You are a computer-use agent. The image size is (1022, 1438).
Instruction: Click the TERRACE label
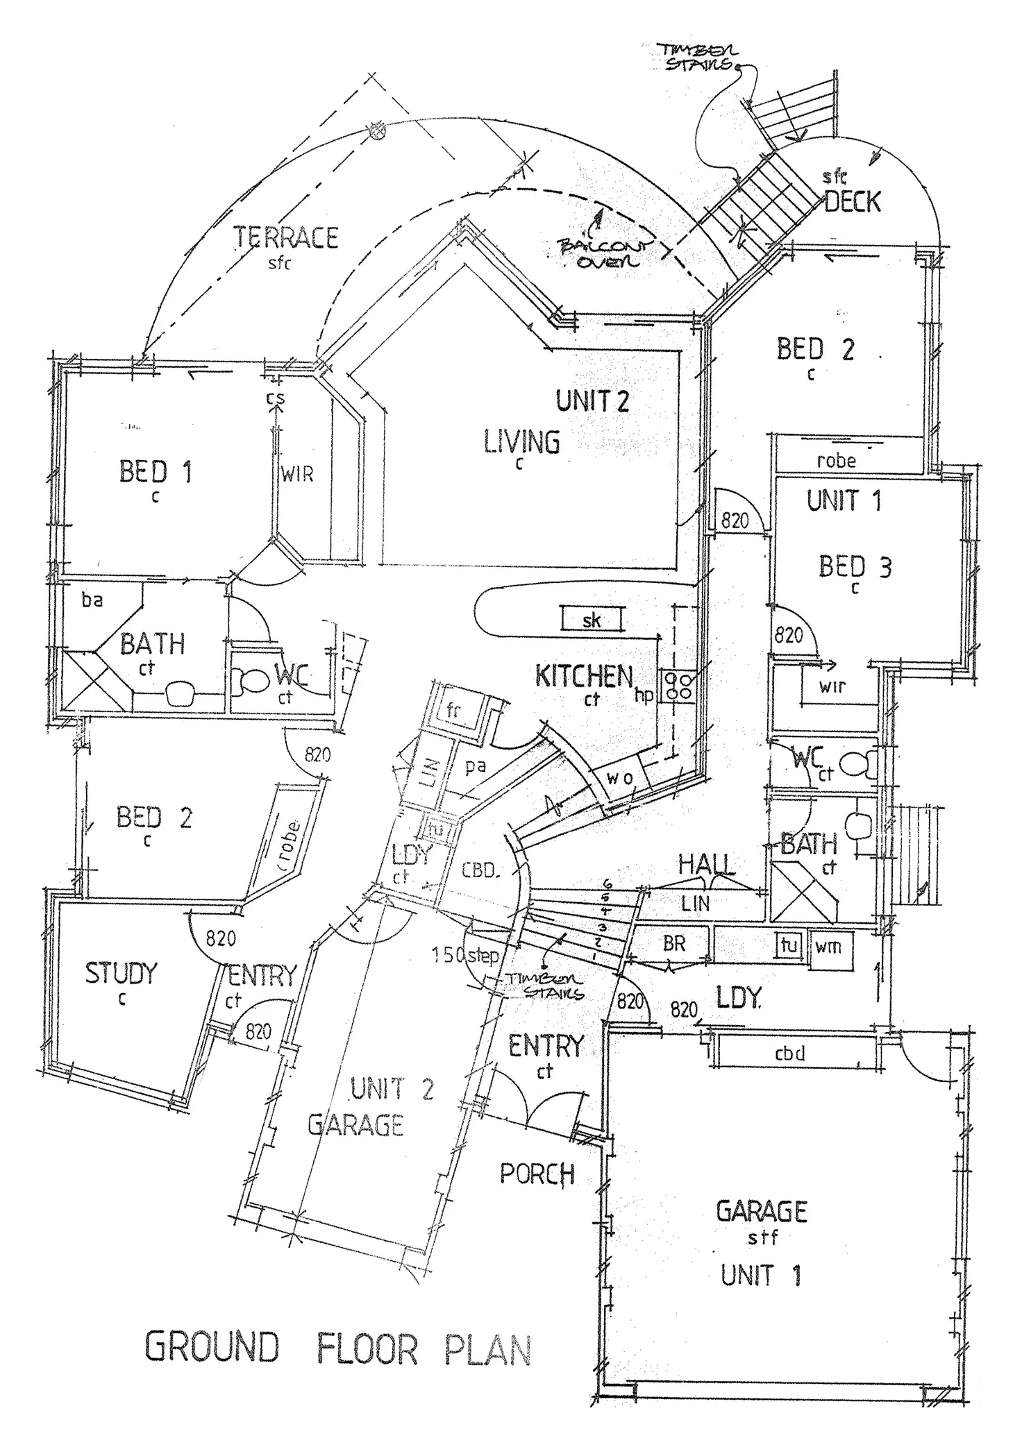point(285,238)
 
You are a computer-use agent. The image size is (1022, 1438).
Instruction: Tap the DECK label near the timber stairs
point(853,202)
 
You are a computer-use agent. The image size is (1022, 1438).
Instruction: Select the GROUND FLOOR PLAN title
point(338,1348)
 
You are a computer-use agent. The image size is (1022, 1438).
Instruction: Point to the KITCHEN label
point(584,676)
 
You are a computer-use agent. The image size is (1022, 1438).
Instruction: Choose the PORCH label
point(537,1174)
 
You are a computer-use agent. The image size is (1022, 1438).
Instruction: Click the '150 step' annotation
point(465,955)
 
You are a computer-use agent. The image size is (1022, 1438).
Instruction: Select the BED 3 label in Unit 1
point(855,567)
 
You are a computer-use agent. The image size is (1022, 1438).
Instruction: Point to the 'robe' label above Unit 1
point(836,460)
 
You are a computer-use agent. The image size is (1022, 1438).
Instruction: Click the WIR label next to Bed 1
point(297,475)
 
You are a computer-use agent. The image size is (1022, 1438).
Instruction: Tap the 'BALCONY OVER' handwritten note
point(602,253)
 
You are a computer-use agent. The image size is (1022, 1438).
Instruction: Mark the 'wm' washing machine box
point(828,945)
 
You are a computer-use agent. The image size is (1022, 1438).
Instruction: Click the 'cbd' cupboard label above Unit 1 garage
point(789,1054)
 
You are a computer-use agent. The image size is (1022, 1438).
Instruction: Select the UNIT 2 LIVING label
point(522,441)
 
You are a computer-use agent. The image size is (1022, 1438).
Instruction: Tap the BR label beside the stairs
point(674,943)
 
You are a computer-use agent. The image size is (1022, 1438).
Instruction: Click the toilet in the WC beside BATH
point(248,680)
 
